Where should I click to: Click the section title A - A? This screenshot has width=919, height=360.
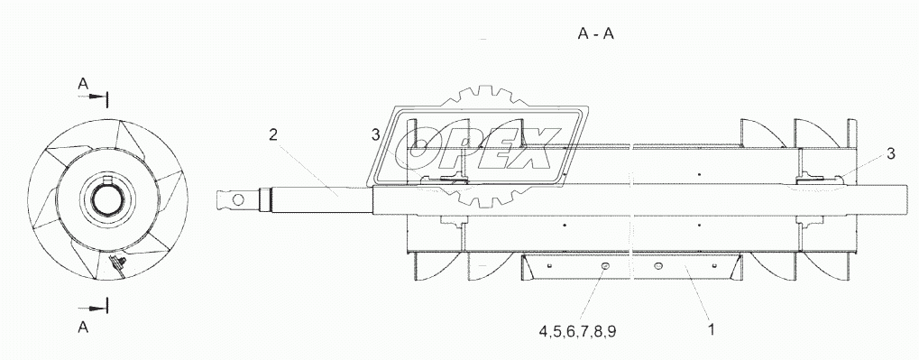point(595,34)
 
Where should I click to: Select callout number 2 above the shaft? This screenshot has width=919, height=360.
point(273,134)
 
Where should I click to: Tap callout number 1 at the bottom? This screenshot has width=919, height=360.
point(712,330)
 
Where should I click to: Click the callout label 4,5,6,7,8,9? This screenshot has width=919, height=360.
point(577,331)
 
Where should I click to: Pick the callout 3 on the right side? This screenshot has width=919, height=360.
point(890,153)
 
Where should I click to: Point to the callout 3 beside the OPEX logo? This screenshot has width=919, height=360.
point(376,134)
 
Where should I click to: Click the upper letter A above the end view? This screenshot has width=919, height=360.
point(83,85)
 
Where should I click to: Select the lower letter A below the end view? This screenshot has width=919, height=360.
point(83,328)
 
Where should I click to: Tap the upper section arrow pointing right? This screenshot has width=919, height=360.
point(93,98)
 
